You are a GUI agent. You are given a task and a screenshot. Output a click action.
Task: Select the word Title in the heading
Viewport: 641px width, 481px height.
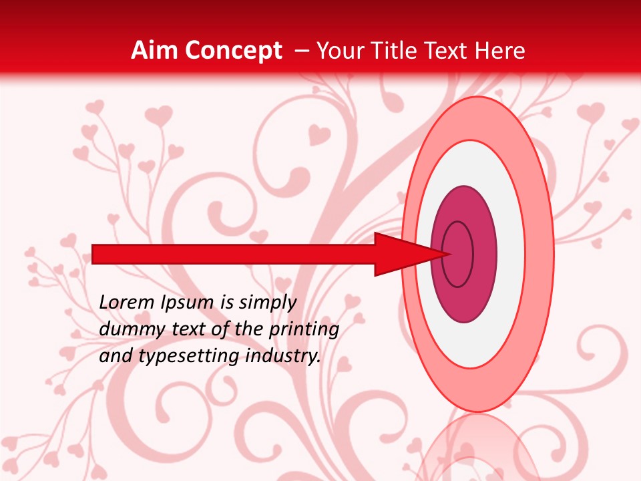pos(399,51)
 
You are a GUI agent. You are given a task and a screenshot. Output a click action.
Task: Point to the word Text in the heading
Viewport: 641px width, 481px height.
pos(447,51)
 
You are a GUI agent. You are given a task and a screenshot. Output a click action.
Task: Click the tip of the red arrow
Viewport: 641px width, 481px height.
pos(449,253)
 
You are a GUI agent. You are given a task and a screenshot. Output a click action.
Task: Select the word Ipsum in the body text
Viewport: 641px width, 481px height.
pos(188,303)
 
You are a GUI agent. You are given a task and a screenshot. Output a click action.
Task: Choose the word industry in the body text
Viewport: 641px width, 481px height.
pos(282,356)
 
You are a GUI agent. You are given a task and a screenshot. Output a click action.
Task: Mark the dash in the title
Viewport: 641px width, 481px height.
pos(301,51)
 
